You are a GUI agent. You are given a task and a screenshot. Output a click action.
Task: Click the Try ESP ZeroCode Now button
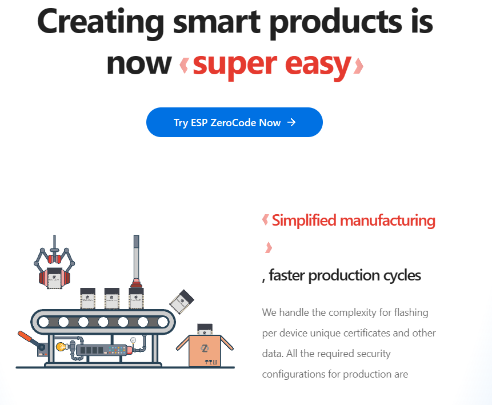(234, 122)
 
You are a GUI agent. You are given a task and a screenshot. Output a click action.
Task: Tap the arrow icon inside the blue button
(291, 122)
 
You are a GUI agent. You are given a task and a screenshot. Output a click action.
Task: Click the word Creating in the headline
(101, 22)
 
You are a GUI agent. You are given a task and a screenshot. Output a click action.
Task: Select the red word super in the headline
(235, 65)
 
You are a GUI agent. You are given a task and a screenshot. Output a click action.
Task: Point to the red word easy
(318, 65)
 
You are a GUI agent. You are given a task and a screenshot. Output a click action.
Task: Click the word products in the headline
(336, 22)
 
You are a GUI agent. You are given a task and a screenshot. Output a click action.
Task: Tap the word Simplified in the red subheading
(304, 220)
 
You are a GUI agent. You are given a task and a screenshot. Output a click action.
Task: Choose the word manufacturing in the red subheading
(388, 220)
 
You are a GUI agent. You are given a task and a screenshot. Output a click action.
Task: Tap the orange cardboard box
(205, 350)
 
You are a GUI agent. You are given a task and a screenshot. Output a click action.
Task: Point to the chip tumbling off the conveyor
(182, 301)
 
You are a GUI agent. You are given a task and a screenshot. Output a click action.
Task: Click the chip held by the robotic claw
(54, 278)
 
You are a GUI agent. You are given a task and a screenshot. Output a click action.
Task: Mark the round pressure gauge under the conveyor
(133, 340)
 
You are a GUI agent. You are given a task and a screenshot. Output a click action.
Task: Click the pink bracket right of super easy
(358, 66)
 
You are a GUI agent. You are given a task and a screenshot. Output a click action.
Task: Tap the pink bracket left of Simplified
(266, 220)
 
